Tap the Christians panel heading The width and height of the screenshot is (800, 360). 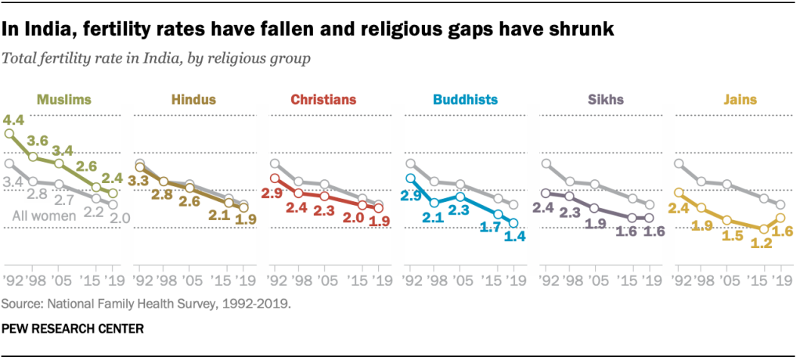(x=323, y=99)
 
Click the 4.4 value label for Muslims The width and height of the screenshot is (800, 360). (x=13, y=121)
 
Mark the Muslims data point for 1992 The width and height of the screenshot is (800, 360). (x=9, y=134)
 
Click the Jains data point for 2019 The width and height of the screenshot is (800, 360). (x=780, y=218)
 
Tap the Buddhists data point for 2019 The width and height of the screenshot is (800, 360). (x=514, y=222)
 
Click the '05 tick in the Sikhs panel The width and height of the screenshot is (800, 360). (x=596, y=279)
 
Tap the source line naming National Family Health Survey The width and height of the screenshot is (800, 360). (x=147, y=303)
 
